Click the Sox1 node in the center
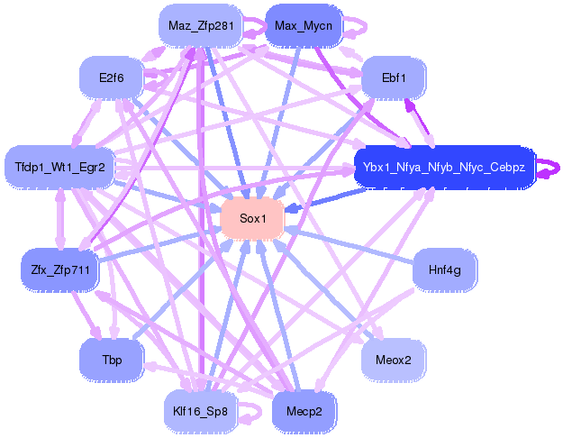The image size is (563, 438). (252, 218)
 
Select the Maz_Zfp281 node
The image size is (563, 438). (201, 25)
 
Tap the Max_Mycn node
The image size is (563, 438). (304, 25)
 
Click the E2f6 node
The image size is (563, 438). (112, 78)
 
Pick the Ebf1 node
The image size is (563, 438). (394, 78)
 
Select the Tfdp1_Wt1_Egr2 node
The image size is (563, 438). (59, 167)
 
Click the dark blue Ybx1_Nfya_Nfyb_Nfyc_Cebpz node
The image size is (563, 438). (444, 167)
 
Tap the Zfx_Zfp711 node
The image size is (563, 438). (60, 269)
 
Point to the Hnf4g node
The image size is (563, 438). (445, 269)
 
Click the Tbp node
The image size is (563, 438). (112, 360)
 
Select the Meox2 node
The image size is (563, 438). (394, 360)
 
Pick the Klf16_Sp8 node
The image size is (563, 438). (200, 411)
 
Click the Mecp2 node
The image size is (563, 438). (304, 411)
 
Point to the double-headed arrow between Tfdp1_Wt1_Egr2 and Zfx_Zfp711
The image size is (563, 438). (60, 218)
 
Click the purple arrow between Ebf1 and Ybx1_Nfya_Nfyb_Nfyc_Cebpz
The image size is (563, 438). (419, 123)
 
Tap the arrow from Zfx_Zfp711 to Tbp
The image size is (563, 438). (86, 315)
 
